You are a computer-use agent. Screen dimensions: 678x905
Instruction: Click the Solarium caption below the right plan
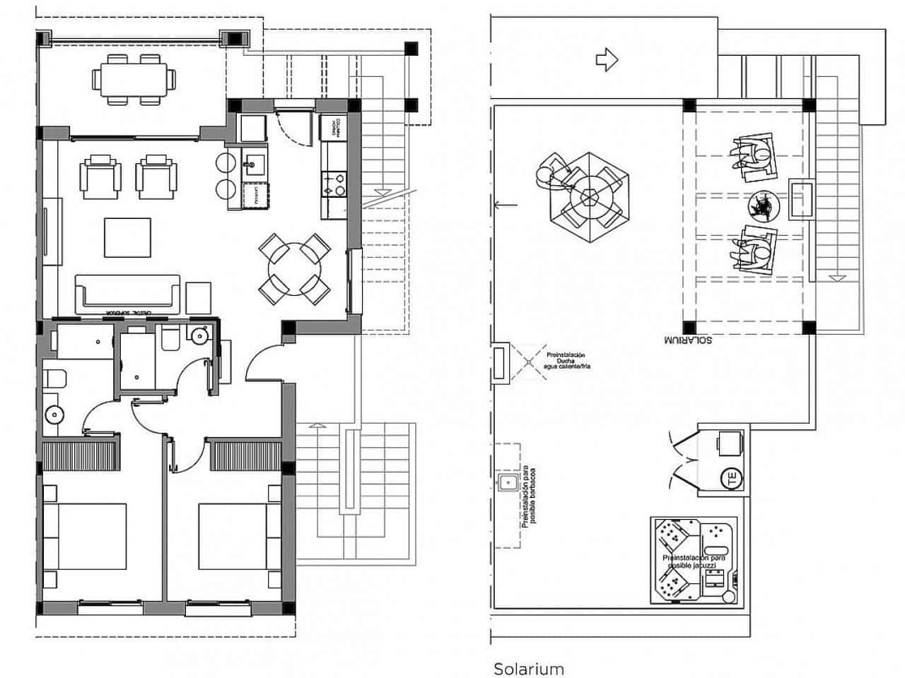(528, 668)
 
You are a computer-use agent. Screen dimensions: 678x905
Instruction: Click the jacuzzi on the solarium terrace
(696, 561)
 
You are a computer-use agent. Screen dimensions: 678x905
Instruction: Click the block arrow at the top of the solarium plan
(607, 61)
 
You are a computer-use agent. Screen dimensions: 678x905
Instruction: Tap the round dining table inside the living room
(293, 269)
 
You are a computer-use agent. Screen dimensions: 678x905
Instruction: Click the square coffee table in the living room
(127, 238)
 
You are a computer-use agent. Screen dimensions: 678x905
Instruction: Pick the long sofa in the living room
(128, 292)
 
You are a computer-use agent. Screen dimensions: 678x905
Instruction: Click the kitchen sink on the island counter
(252, 166)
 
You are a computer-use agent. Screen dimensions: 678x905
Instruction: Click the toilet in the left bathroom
(54, 379)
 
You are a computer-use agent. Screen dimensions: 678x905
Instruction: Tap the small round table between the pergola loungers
(762, 206)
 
